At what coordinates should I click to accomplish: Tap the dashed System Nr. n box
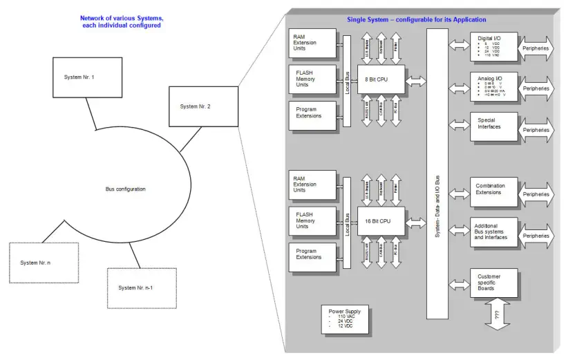44,263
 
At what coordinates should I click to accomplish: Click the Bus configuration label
125,189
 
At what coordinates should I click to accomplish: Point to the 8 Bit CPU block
381,81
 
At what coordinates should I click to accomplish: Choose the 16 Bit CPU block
381,221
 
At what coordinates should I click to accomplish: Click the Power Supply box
345,319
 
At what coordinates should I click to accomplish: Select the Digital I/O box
494,48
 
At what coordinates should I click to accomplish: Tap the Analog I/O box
494,88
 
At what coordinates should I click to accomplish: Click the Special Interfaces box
494,127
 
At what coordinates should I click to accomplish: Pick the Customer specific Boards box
494,283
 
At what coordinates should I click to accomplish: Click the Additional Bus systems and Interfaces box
494,233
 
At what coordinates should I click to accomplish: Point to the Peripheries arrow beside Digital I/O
536,48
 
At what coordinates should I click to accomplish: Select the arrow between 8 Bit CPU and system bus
416,82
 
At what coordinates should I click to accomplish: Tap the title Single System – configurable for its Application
416,19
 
